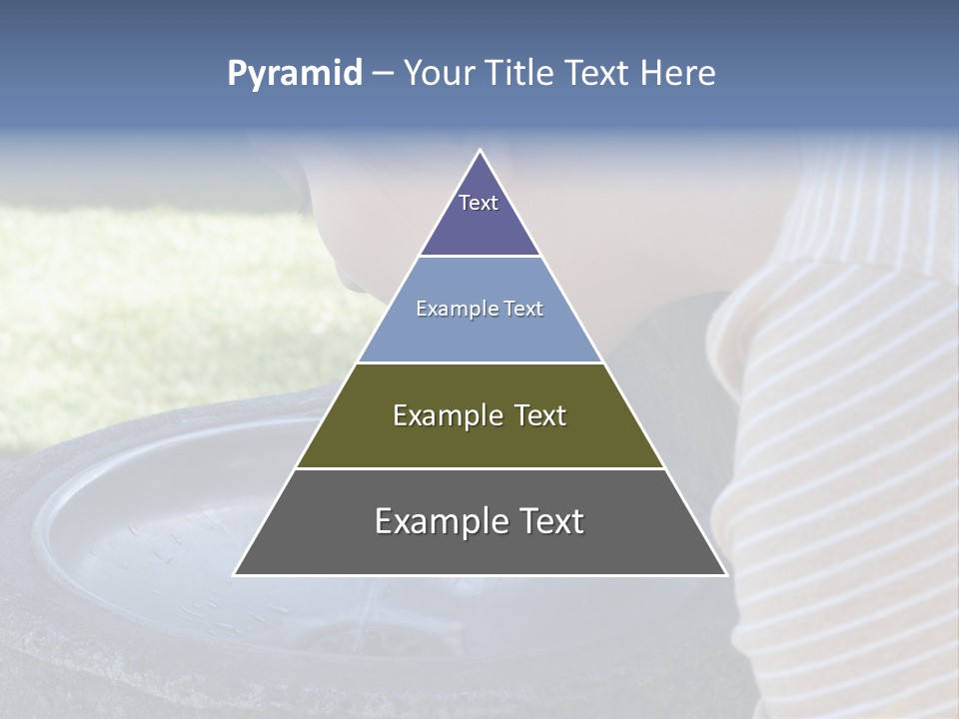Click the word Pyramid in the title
click(294, 74)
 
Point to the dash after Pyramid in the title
click(383, 74)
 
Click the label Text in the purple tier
click(479, 203)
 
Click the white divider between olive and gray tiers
click(479, 468)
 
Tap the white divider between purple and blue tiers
click(479, 256)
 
